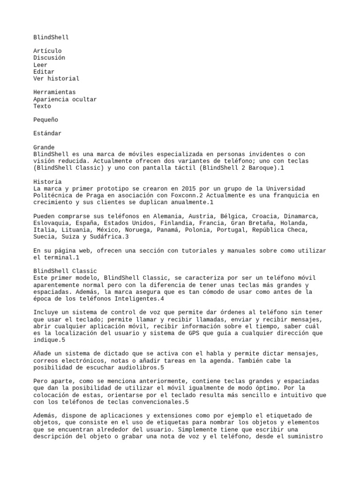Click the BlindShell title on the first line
pos(51,37)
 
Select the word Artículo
pos(47,51)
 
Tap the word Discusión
pos(49,58)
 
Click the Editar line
pos(44,72)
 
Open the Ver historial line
pos(56,79)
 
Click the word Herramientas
pos(54,92)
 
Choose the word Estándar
pos(47,134)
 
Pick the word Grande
pos(44,148)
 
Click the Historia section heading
pos(47,182)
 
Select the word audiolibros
pos(137,367)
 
